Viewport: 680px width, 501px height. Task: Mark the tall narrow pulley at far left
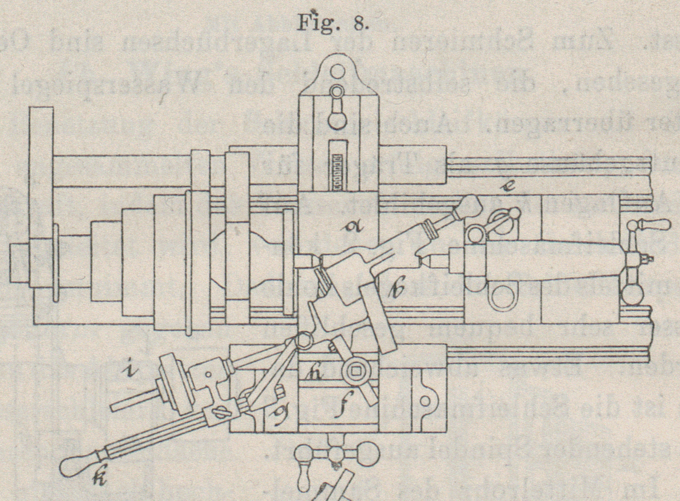42,197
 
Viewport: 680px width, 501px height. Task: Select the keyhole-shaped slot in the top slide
339,108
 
